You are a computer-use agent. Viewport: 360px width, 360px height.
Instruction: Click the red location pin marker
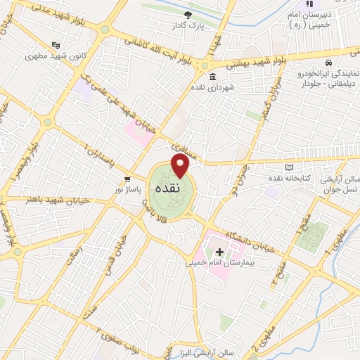pos(181,166)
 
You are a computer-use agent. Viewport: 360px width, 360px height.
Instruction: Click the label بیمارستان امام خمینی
pos(217,264)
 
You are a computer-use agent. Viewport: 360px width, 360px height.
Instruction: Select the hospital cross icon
pos(219,252)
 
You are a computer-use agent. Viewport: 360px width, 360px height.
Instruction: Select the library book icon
pos(290,167)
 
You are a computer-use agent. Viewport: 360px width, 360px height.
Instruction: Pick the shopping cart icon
pos(127,178)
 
